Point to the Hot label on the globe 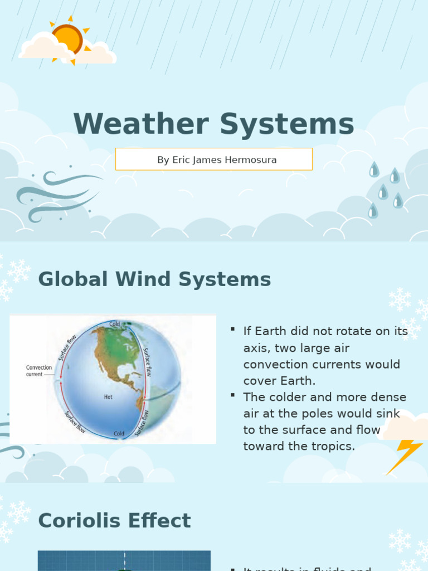108,397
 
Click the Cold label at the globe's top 115,324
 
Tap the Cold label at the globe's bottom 119,433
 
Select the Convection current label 39,371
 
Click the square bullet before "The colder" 232,395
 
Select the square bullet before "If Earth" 232,330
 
